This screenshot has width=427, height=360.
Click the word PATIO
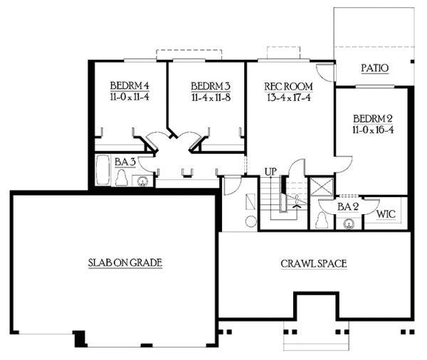point(374,69)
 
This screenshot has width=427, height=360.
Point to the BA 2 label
point(347,206)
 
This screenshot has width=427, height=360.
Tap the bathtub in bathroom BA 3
point(103,174)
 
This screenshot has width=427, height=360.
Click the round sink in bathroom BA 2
point(349,223)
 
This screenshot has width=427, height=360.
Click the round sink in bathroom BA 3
point(143,181)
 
